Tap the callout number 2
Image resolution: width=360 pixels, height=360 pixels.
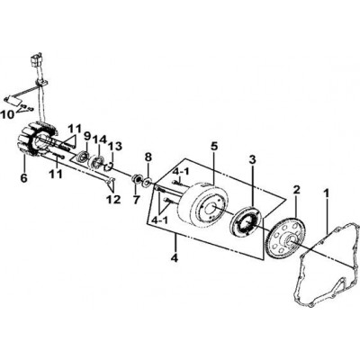pyautogui.click(x=297, y=190)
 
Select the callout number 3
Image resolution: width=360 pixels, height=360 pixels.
pyautogui.click(x=253, y=159)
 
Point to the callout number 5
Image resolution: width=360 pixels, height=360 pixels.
pyautogui.click(x=213, y=147)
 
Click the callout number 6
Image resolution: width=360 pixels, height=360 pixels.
pyautogui.click(x=23, y=177)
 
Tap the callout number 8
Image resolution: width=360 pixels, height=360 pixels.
pyautogui.click(x=148, y=157)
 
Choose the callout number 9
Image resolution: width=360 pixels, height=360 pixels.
pyautogui.click(x=87, y=137)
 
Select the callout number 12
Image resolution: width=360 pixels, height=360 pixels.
pyautogui.click(x=114, y=199)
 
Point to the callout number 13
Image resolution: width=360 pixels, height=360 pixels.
pyautogui.click(x=115, y=147)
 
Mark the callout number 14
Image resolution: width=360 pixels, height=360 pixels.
pyautogui.click(x=100, y=139)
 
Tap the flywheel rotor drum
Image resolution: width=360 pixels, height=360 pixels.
pyautogui.click(x=206, y=204)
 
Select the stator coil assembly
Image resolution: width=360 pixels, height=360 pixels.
pyautogui.click(x=38, y=139)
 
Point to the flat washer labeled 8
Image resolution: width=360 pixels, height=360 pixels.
pyautogui.click(x=148, y=182)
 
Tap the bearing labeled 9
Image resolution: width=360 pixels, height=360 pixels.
pyautogui.click(x=83, y=157)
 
